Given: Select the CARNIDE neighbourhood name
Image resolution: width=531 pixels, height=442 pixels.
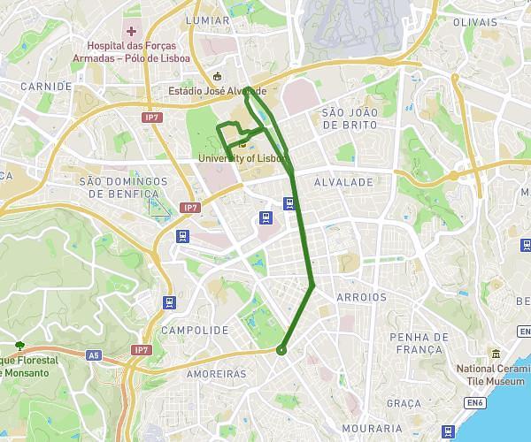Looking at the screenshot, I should (x=45, y=87).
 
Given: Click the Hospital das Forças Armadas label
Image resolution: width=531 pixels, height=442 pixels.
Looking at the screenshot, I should (x=131, y=52).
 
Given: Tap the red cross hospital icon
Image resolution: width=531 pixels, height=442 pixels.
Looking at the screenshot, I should (x=131, y=32).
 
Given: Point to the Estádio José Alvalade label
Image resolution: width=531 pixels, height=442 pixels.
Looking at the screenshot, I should (x=218, y=90).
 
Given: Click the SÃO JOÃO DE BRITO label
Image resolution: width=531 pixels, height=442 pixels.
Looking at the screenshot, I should (x=350, y=118).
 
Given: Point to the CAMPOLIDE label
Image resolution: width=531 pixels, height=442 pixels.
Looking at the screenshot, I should (x=196, y=329).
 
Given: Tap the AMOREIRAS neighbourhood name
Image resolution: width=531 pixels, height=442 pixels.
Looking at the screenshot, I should (x=217, y=374).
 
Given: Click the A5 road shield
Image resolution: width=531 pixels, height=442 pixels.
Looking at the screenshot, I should (x=94, y=355).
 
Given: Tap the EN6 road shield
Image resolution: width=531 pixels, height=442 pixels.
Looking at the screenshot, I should (x=477, y=403).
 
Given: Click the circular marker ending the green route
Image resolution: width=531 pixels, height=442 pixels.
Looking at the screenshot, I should (x=281, y=351).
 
